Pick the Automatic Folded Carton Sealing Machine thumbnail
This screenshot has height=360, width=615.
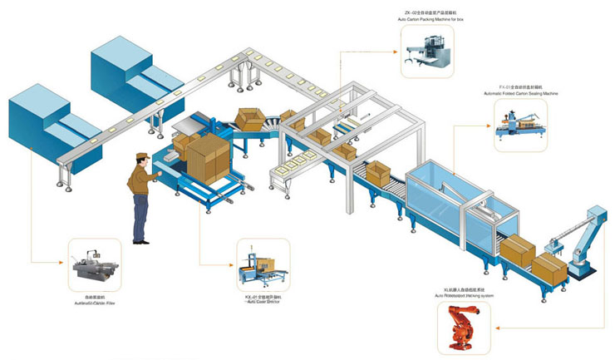pos(522,126)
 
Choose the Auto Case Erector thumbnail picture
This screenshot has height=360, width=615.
pos(262,264)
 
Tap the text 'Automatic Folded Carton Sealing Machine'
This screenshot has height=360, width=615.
pos(521,94)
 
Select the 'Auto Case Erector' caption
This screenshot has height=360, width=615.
pos(262,301)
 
